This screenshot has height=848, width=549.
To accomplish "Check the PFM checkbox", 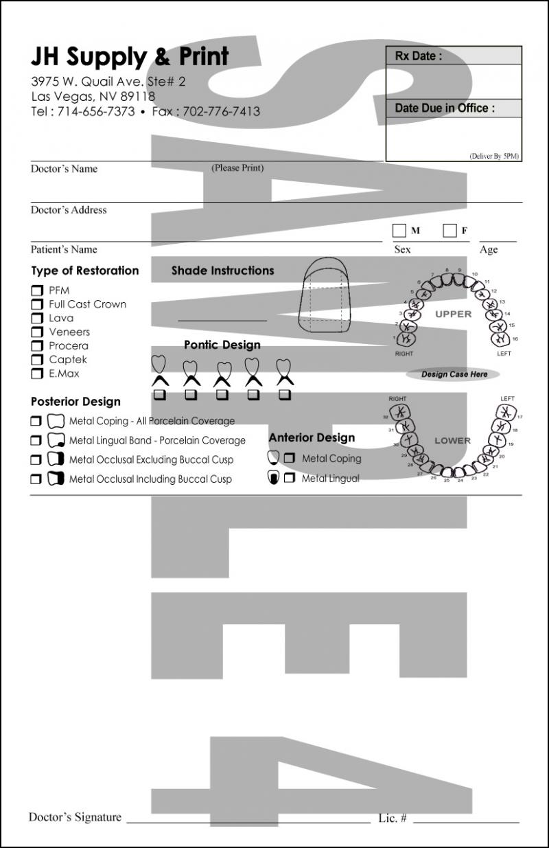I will click(37, 290).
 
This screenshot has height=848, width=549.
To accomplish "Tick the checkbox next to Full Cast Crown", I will click(37, 304).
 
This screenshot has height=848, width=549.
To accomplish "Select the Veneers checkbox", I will click(37, 332).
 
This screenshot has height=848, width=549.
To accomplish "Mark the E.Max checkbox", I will click(37, 374).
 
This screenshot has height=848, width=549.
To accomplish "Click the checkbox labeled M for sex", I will click(399, 231).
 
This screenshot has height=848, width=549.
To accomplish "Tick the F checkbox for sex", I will click(449, 231).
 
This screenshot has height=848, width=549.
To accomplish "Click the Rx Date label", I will click(419, 56).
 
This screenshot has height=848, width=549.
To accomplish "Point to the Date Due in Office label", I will click(445, 108).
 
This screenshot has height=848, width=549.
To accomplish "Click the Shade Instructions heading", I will click(222, 271).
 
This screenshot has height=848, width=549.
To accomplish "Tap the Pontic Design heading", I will click(222, 345).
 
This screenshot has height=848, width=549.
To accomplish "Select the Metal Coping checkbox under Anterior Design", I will click(290, 458).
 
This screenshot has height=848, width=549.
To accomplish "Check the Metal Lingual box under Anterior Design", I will click(290, 478).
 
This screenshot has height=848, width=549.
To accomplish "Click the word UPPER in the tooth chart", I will click(454, 314).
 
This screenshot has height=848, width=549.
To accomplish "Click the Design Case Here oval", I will click(453, 375).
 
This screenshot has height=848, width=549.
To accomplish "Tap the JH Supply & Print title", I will click(130, 57).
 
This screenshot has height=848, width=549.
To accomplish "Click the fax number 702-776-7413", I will click(221, 111).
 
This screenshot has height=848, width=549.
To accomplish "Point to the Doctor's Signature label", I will click(75, 817).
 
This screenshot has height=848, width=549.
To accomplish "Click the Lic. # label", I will click(393, 818).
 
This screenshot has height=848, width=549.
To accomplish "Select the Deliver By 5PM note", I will click(494, 157).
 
